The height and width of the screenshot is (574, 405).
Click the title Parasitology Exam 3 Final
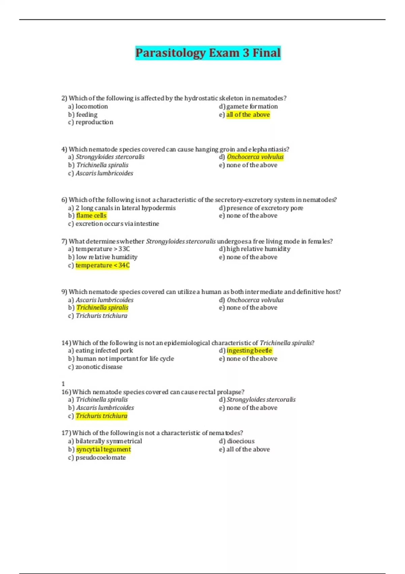coord(208,53)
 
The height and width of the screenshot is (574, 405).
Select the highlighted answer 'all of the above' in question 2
coord(248,115)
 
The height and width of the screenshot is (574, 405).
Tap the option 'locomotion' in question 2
coord(91,106)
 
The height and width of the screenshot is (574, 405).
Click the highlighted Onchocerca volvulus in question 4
coord(255,157)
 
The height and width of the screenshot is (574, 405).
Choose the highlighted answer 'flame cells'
coord(91,216)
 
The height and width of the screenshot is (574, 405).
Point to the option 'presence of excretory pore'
coord(265,208)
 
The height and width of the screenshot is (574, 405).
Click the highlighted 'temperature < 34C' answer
coord(102,265)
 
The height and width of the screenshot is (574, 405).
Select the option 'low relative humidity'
coord(107,257)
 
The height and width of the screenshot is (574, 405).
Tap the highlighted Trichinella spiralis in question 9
coord(102,308)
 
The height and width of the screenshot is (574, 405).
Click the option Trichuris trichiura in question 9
coord(101,316)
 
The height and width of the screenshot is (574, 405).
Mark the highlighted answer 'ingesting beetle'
coord(249,351)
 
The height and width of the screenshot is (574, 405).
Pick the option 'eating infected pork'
coord(104,351)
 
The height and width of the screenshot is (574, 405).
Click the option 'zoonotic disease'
coord(99,367)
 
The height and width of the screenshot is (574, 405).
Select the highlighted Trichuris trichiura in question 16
coord(101,416)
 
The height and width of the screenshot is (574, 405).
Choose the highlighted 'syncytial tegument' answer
coord(103,449)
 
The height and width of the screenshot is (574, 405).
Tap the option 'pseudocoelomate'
coord(101,458)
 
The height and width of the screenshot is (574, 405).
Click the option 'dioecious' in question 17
coord(241,441)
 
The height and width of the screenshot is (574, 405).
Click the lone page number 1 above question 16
coord(63,384)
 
